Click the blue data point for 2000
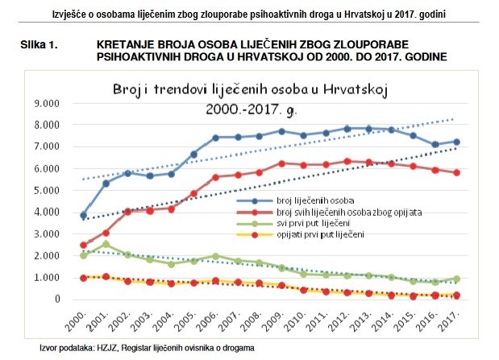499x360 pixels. [x=84, y=215]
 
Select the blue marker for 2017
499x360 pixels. [x=456, y=142]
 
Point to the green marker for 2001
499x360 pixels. [x=106, y=244]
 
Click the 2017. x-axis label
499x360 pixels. [x=453, y=321]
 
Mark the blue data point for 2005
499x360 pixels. [x=193, y=155]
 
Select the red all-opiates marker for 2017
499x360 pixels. [x=456, y=172]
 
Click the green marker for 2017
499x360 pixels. [x=456, y=279]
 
